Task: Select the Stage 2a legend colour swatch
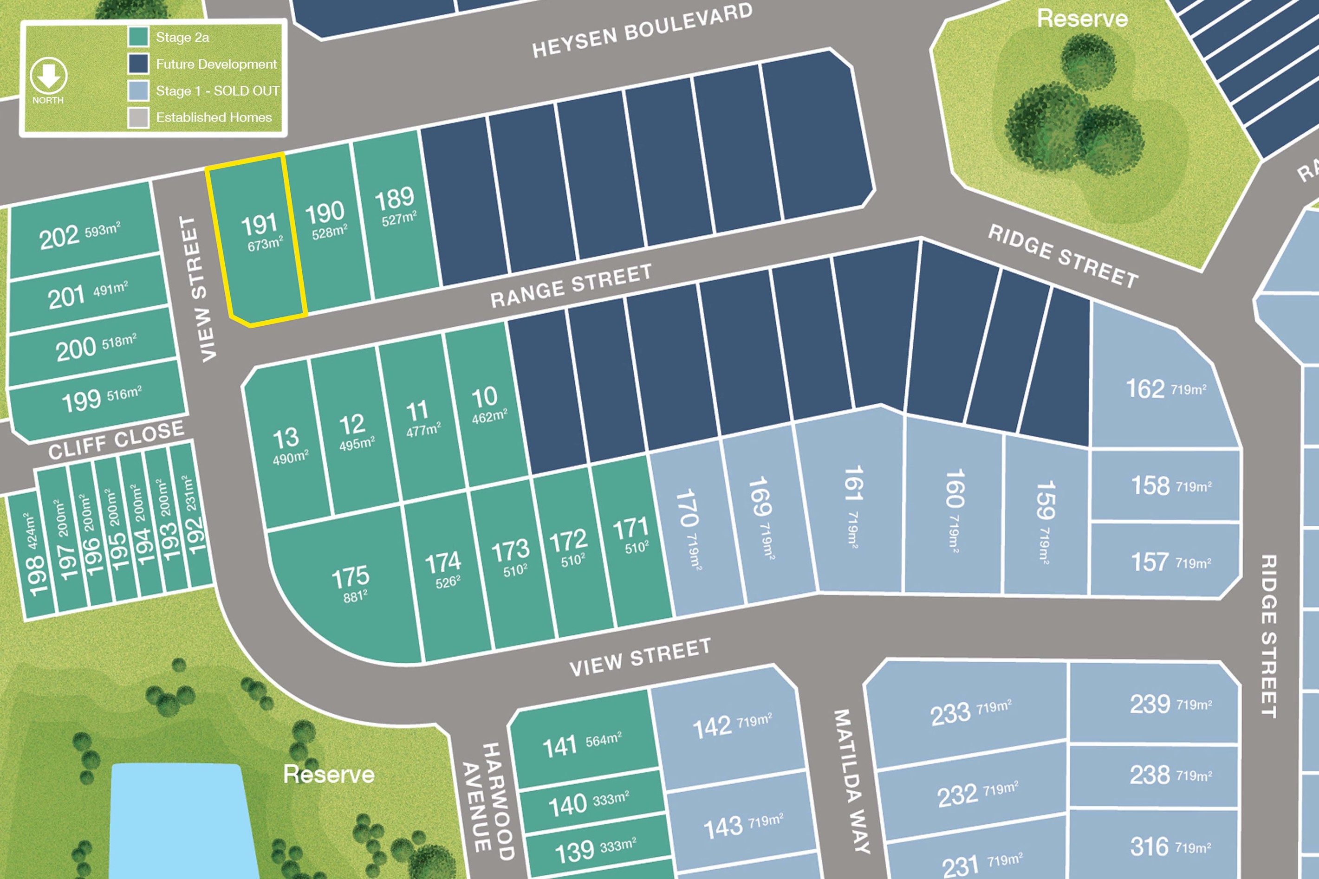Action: pos(138,37)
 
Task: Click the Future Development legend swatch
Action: pos(138,63)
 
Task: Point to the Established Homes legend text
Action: pos(214,117)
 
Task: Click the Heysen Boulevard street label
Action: pos(642,31)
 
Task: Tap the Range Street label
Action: pos(571,286)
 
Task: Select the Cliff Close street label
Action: pos(116,439)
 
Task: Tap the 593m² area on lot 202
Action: pos(102,230)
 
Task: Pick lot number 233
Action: pos(950,714)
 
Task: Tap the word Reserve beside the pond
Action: pos(329,774)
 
